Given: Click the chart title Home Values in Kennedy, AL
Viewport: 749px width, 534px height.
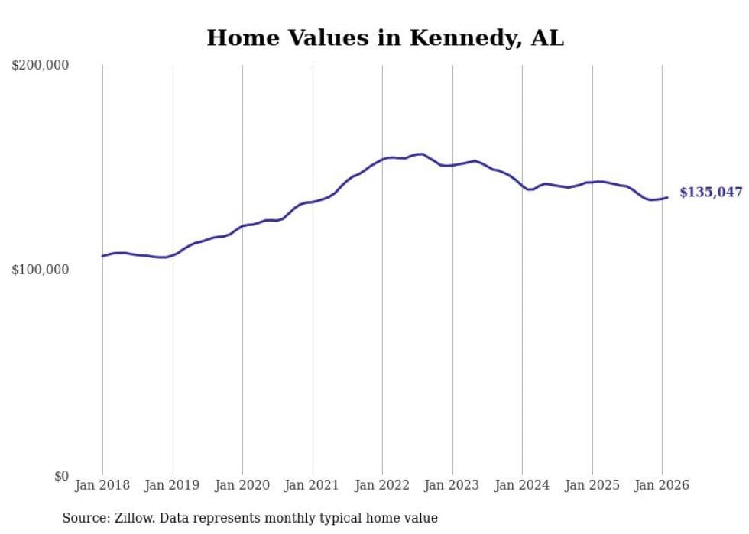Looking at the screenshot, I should coord(385,38).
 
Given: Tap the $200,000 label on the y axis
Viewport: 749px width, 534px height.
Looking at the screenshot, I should coord(41,66).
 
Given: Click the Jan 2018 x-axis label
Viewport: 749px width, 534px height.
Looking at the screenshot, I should coord(102,485).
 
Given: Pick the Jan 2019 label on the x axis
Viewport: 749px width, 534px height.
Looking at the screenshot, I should coord(173,485).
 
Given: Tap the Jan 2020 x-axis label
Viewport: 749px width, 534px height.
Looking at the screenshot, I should coord(242,485).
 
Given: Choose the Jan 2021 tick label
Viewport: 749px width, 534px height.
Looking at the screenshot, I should coord(313,485).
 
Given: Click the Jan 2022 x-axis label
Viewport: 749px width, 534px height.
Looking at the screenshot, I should coord(382,485).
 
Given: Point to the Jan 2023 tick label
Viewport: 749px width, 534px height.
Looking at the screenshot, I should coord(452,485).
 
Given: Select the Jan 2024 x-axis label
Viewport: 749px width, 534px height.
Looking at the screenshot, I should coord(522,485).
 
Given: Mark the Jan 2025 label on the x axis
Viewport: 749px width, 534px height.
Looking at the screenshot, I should coord(592,485).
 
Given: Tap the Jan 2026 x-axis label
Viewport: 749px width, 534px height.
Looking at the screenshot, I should coord(662,485).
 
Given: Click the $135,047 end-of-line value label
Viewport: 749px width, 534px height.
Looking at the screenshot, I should coord(711,193).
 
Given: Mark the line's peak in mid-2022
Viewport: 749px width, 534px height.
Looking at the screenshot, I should coord(422,154).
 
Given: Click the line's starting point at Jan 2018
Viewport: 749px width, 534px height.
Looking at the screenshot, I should coord(102,256).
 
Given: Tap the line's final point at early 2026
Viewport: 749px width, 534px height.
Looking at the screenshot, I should coord(667,197).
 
